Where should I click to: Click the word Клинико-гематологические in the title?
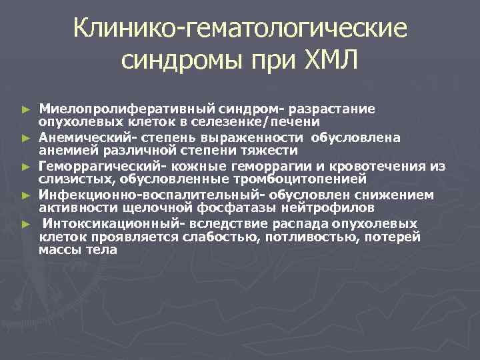tap(239, 29)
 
